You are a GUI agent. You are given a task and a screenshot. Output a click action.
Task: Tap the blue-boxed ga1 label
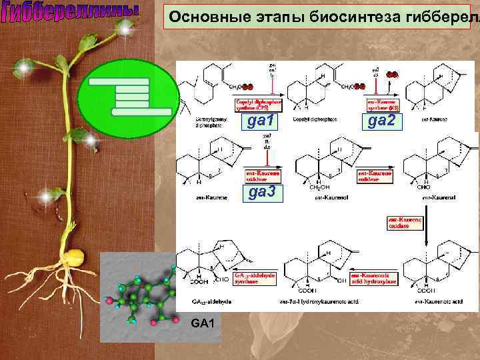(x=261, y=121)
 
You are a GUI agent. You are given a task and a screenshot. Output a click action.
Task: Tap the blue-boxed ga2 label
(x=382, y=120)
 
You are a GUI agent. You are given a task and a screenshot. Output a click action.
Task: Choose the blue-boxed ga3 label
(x=261, y=193)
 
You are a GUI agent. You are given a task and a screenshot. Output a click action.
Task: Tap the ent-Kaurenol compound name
(x=317, y=198)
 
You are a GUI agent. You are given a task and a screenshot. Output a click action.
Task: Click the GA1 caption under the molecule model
(x=202, y=324)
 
